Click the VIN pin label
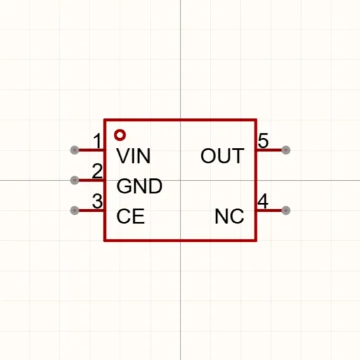coord(134,156)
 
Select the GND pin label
coord(139,186)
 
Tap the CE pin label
coord(131,216)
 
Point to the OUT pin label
coord(223,156)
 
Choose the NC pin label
coord(229,216)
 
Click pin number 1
coord(98,141)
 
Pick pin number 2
coord(98,171)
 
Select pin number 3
coord(98,201)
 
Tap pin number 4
coord(263,201)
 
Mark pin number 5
coord(263,141)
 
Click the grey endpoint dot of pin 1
coord(75,150)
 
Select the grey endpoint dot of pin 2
coord(75,180)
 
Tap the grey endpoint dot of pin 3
coord(75,210)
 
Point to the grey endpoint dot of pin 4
coord(286,210)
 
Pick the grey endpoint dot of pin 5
coord(286,150)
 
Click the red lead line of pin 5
coord(269,150)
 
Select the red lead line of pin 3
coord(91,211)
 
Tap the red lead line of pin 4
coord(269,210)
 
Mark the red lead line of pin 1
coord(91,150)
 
